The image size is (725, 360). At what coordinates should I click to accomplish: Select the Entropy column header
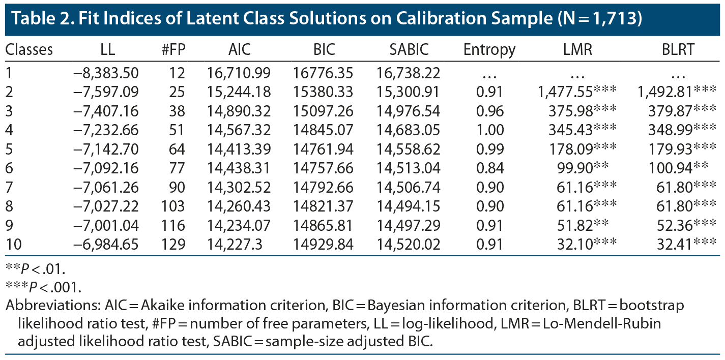pos(489,49)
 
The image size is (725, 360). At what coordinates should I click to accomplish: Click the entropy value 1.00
pos(491,130)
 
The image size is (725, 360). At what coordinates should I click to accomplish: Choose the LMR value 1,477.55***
pos(576,92)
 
